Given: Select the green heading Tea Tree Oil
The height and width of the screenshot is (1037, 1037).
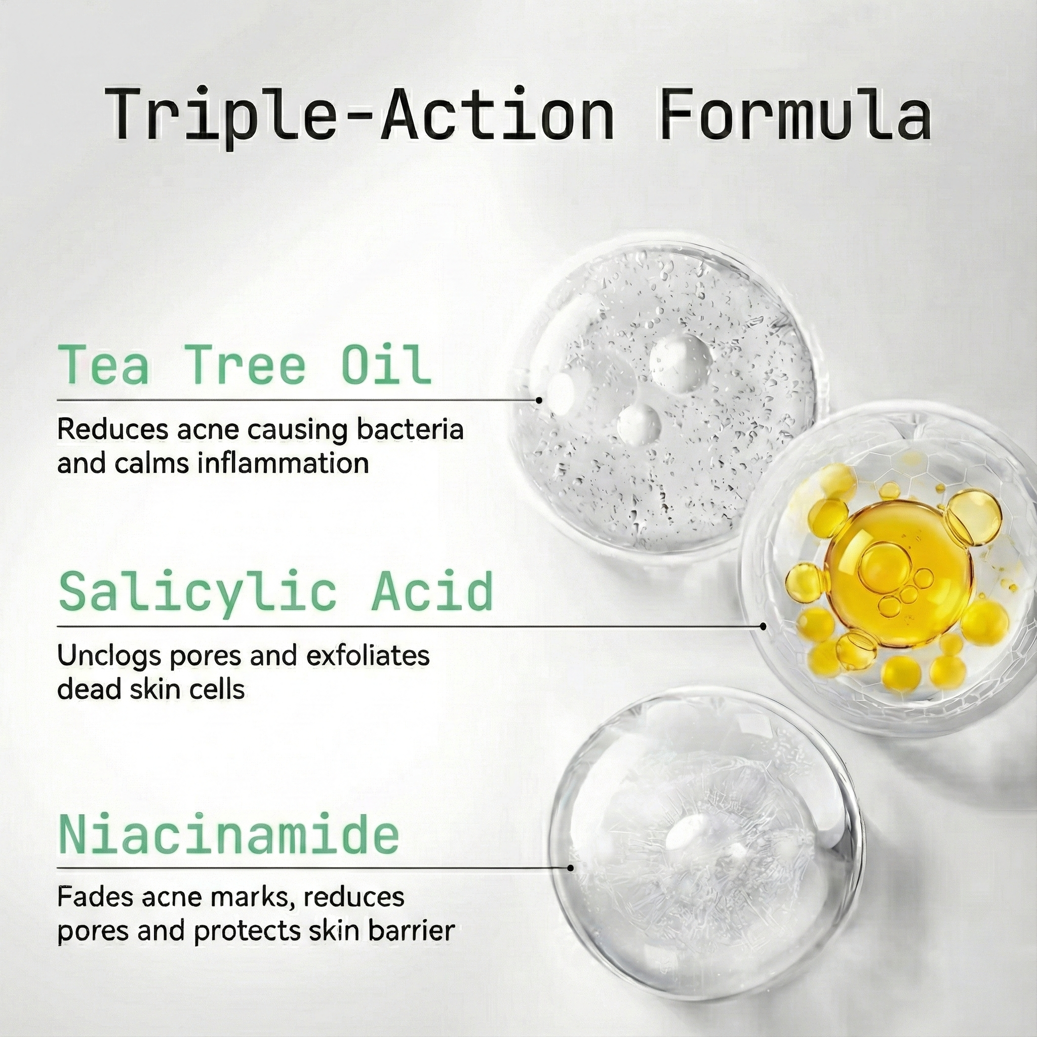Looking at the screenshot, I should coord(245,365).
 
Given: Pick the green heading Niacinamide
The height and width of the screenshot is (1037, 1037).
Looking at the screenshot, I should coord(229,834).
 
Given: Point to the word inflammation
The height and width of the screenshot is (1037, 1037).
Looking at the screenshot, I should coord(283,463).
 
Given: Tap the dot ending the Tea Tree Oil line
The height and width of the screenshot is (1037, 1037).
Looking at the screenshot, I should coord(539,400).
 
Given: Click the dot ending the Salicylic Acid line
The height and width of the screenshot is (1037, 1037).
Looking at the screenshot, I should coord(763,626).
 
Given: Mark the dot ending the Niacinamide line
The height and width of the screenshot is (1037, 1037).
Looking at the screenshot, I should coord(570,868).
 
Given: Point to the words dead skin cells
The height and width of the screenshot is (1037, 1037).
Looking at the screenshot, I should coord(151,690).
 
